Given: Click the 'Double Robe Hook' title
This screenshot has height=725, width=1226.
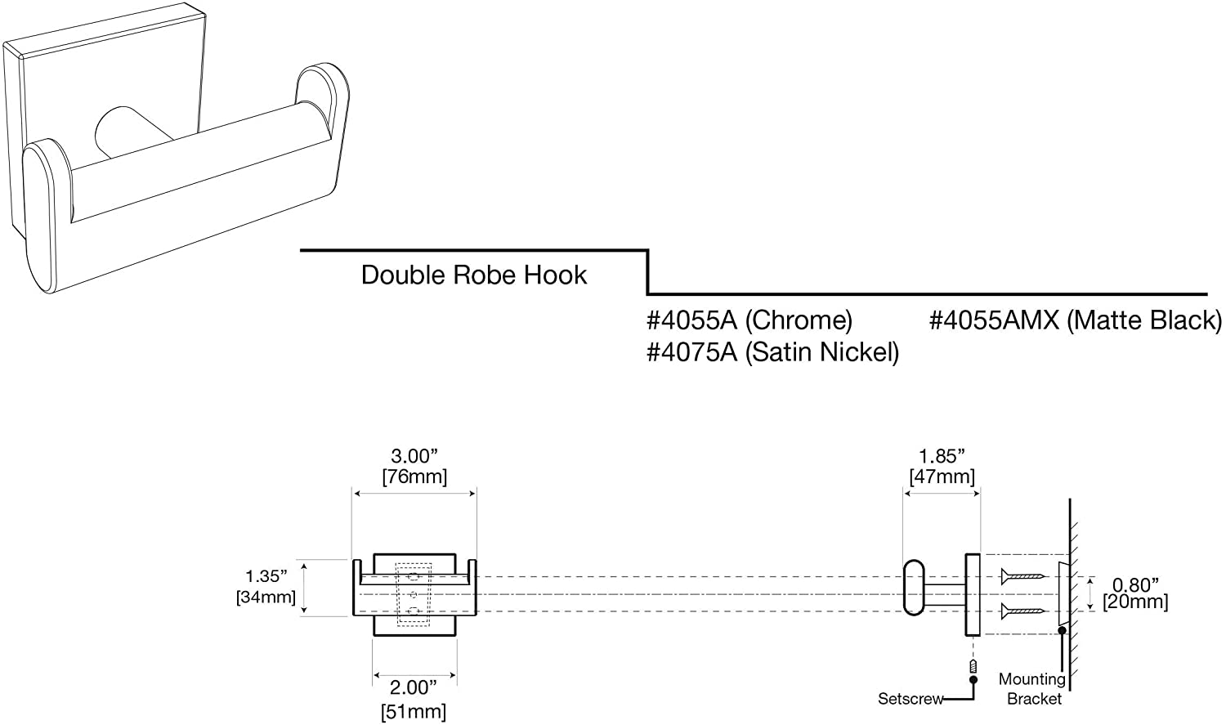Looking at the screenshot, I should coord(473,275).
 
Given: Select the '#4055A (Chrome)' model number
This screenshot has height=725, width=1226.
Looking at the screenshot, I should coord(749,320).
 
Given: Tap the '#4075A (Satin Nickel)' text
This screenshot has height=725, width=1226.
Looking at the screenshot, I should coord(772,352).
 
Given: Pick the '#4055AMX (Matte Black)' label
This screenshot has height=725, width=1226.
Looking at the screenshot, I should coord(1075,320).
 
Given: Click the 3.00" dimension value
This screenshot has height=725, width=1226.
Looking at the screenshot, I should coord(414,457).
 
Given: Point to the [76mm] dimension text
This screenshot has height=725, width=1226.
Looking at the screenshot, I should coord(414,477).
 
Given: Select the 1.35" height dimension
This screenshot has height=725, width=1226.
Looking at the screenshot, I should coord(266,577).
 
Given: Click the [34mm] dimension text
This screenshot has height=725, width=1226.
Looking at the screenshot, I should coord(266,597).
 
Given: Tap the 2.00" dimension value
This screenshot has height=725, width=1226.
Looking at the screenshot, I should coord(414,688).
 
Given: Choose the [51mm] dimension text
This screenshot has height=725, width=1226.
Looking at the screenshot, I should coord(414,711).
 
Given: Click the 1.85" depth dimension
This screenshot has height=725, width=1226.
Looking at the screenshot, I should coord(942,457).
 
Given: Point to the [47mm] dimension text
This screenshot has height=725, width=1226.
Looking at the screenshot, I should coord(942,477).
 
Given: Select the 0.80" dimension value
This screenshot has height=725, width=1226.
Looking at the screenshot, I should coord(1135,584).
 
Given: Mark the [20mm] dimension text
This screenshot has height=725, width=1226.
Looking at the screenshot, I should coord(1135,602).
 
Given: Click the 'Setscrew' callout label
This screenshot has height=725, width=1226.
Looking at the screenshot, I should coord(911,699).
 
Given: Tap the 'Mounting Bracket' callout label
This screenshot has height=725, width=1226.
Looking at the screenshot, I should coord(1032,688).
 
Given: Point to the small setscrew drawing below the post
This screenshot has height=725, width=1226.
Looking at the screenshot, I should coord(973,666).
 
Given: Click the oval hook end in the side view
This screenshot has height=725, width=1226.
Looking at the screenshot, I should coord(915,587).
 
